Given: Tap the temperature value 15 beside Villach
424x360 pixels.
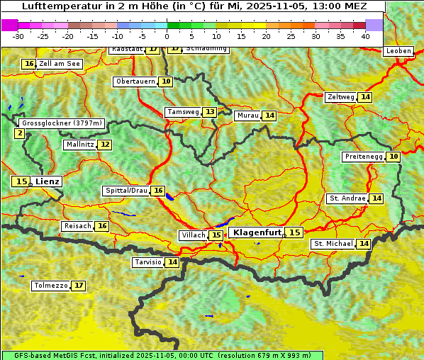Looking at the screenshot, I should (x=216, y=235).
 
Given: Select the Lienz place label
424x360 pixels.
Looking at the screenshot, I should (x=48, y=181).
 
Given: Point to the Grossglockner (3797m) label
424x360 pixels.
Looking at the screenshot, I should (x=62, y=123).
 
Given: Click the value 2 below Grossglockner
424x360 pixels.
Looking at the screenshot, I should (x=19, y=133).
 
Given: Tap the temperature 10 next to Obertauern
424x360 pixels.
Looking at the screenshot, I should (x=166, y=81).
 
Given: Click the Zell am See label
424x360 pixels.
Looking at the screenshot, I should (x=60, y=64).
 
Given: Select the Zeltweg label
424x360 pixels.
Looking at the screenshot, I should (x=341, y=97).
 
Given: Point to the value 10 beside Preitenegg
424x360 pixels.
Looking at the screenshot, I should (x=393, y=156).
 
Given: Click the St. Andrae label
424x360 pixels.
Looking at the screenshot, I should (x=347, y=198).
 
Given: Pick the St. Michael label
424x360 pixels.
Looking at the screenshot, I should (x=333, y=244).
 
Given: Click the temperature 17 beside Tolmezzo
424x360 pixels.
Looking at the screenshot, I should (x=78, y=286).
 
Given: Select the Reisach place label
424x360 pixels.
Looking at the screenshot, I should (x=77, y=226).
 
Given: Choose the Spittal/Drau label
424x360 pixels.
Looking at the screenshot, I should (x=126, y=191).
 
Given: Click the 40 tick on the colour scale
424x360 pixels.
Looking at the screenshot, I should (x=365, y=35).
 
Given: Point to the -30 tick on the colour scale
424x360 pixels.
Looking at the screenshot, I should (x=18, y=35).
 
